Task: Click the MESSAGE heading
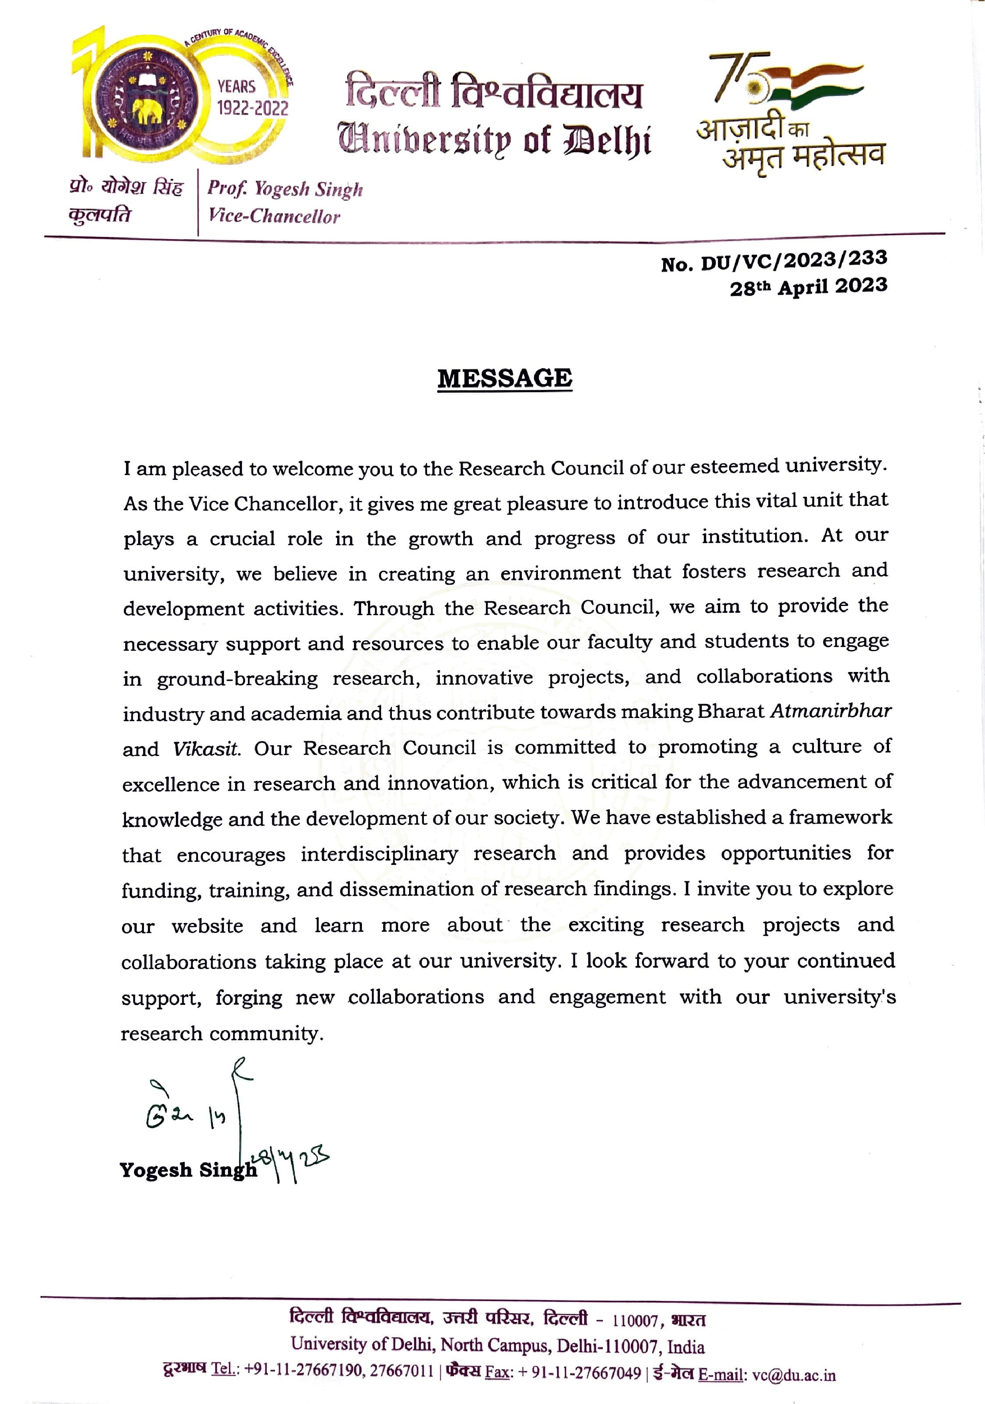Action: (505, 379)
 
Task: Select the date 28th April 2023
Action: (808, 286)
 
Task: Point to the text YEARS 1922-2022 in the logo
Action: (252, 98)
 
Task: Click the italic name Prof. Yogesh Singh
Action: (285, 189)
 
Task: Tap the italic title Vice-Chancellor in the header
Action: (274, 216)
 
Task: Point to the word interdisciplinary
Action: (379, 854)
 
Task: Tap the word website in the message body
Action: (207, 926)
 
